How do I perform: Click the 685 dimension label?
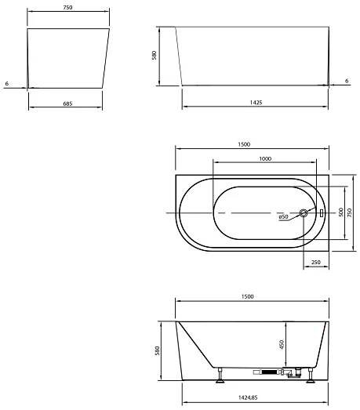click(67, 103)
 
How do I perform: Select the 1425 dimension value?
click(256, 103)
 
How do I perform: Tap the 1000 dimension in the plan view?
click(265, 158)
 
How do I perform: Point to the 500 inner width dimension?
click(340, 212)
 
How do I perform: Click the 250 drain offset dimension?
click(316, 262)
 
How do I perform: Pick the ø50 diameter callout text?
click(283, 217)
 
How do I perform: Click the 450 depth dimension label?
click(282, 344)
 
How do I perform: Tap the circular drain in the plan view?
click(304, 213)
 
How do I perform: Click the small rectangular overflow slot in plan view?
click(322, 213)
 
